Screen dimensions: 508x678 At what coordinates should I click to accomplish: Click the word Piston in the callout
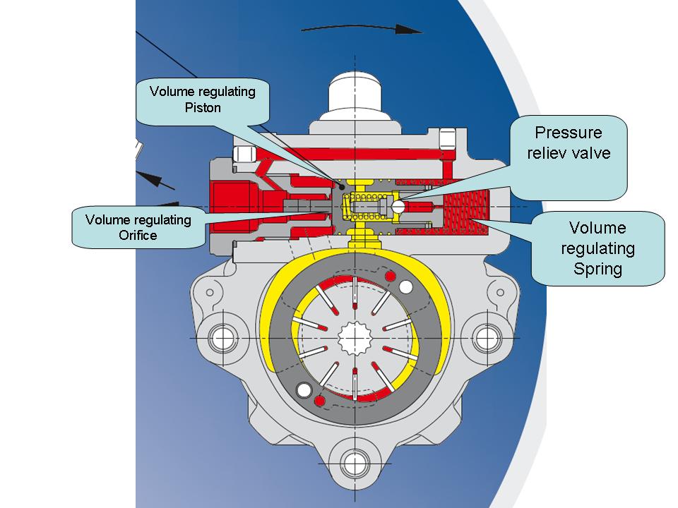pos(203,108)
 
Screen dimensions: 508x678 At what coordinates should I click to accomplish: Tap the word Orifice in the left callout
pos(138,235)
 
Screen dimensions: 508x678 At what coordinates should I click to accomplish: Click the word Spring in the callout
pos(597,269)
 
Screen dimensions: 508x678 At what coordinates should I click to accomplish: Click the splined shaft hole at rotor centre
pos(355,338)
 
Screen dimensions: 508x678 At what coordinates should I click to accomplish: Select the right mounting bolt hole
pos(486,338)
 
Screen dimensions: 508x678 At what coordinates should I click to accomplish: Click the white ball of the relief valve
pos(400,207)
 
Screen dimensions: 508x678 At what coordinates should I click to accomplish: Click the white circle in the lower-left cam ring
pos(305,389)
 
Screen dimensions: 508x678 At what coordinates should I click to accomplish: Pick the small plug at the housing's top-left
pos(244,153)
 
